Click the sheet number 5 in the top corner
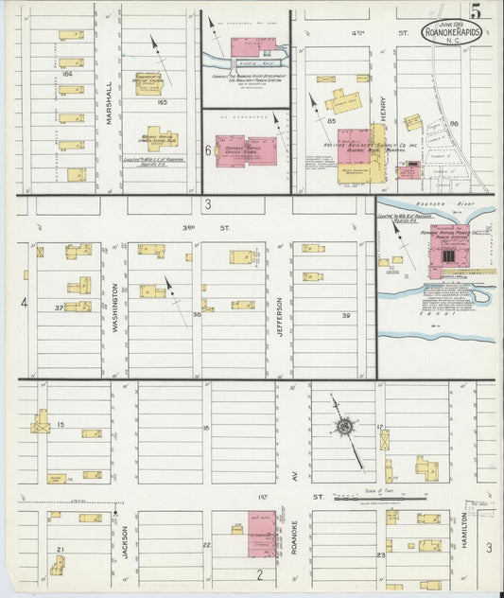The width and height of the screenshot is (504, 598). [483, 13]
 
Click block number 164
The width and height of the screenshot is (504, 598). [64, 73]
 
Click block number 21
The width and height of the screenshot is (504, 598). [61, 550]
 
